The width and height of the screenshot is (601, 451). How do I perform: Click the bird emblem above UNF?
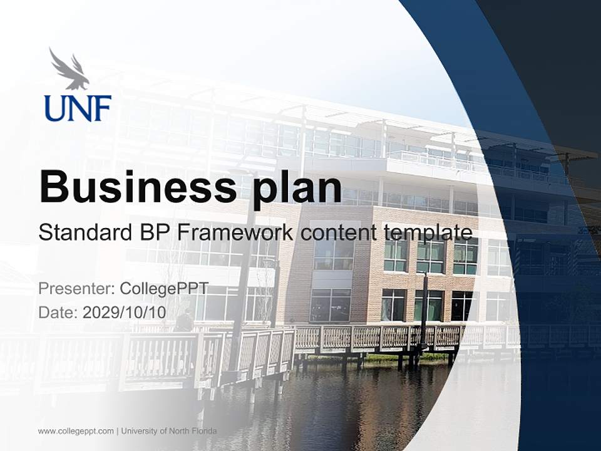pyautogui.click(x=69, y=68)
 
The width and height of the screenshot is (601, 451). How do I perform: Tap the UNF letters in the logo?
pyautogui.click(x=78, y=108)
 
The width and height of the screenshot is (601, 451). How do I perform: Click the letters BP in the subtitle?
pyautogui.click(x=153, y=232)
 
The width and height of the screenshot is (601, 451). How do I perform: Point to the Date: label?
pyautogui.click(x=58, y=312)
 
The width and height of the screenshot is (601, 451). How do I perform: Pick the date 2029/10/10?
pyautogui.click(x=124, y=312)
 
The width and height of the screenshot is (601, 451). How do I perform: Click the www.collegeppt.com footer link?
pyautogui.click(x=76, y=431)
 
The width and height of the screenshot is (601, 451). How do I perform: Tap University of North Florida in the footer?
pyautogui.click(x=169, y=431)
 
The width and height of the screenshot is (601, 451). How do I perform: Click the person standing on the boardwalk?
pyautogui.click(x=184, y=321)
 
